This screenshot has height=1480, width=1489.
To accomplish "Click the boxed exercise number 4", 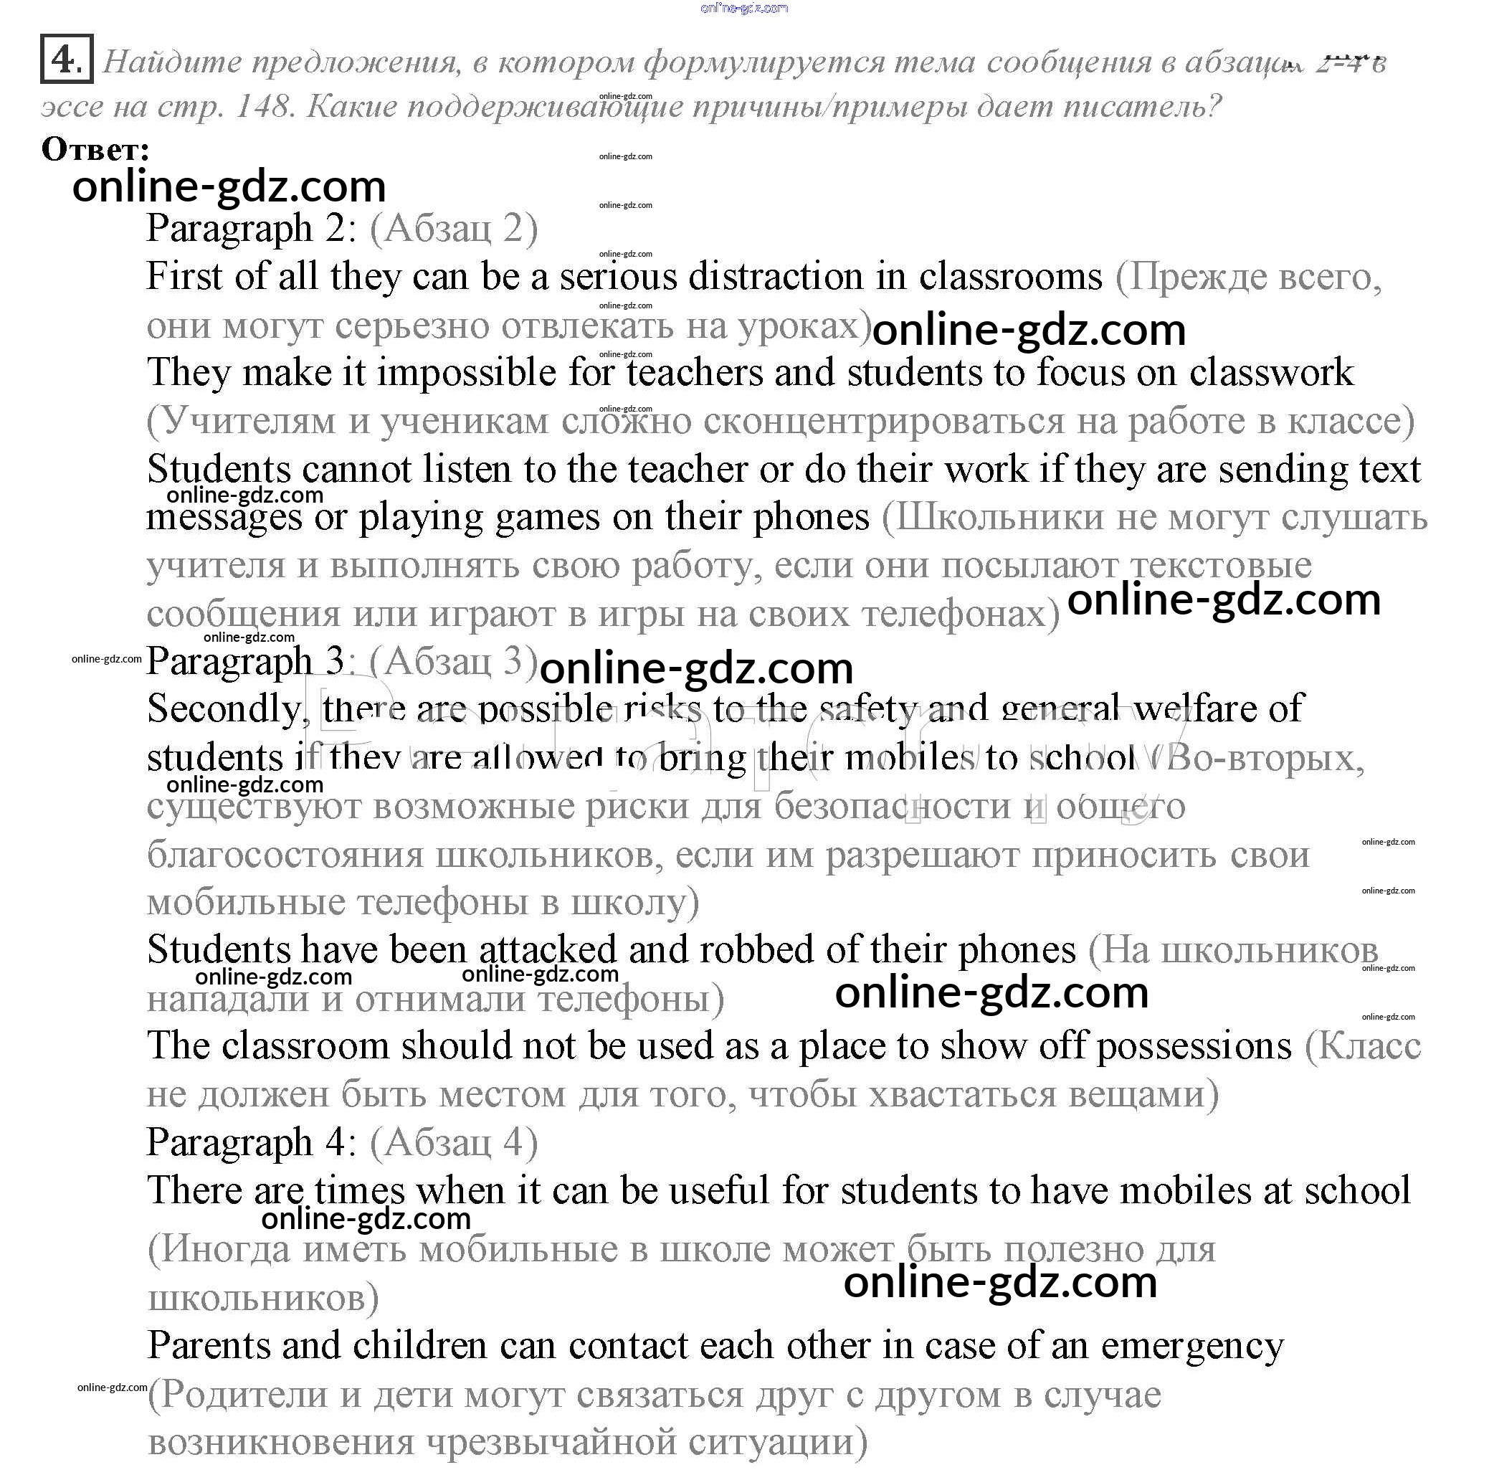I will click(66, 60).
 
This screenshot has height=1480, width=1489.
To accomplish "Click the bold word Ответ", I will click(95, 150).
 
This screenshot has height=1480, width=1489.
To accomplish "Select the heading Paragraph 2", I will click(251, 229).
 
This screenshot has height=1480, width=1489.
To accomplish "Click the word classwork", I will click(1271, 373).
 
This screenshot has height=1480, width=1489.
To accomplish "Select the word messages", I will click(224, 518).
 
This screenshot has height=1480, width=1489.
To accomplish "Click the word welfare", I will click(1217, 708).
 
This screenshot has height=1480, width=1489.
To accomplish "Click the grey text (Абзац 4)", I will click(453, 1142).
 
